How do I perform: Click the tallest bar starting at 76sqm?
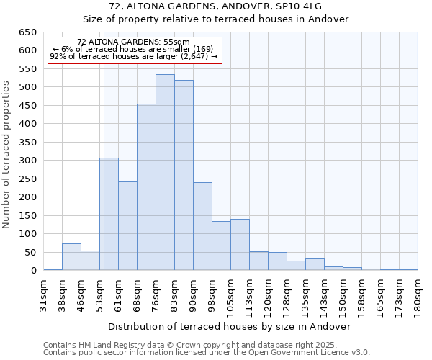coord(165,173)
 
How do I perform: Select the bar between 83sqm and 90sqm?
coord(184,176)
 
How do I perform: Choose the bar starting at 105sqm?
coord(240,245)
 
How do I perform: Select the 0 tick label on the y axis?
coord(33,271)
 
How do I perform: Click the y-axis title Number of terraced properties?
coord(7,155)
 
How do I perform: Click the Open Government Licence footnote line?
coord(206,352)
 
